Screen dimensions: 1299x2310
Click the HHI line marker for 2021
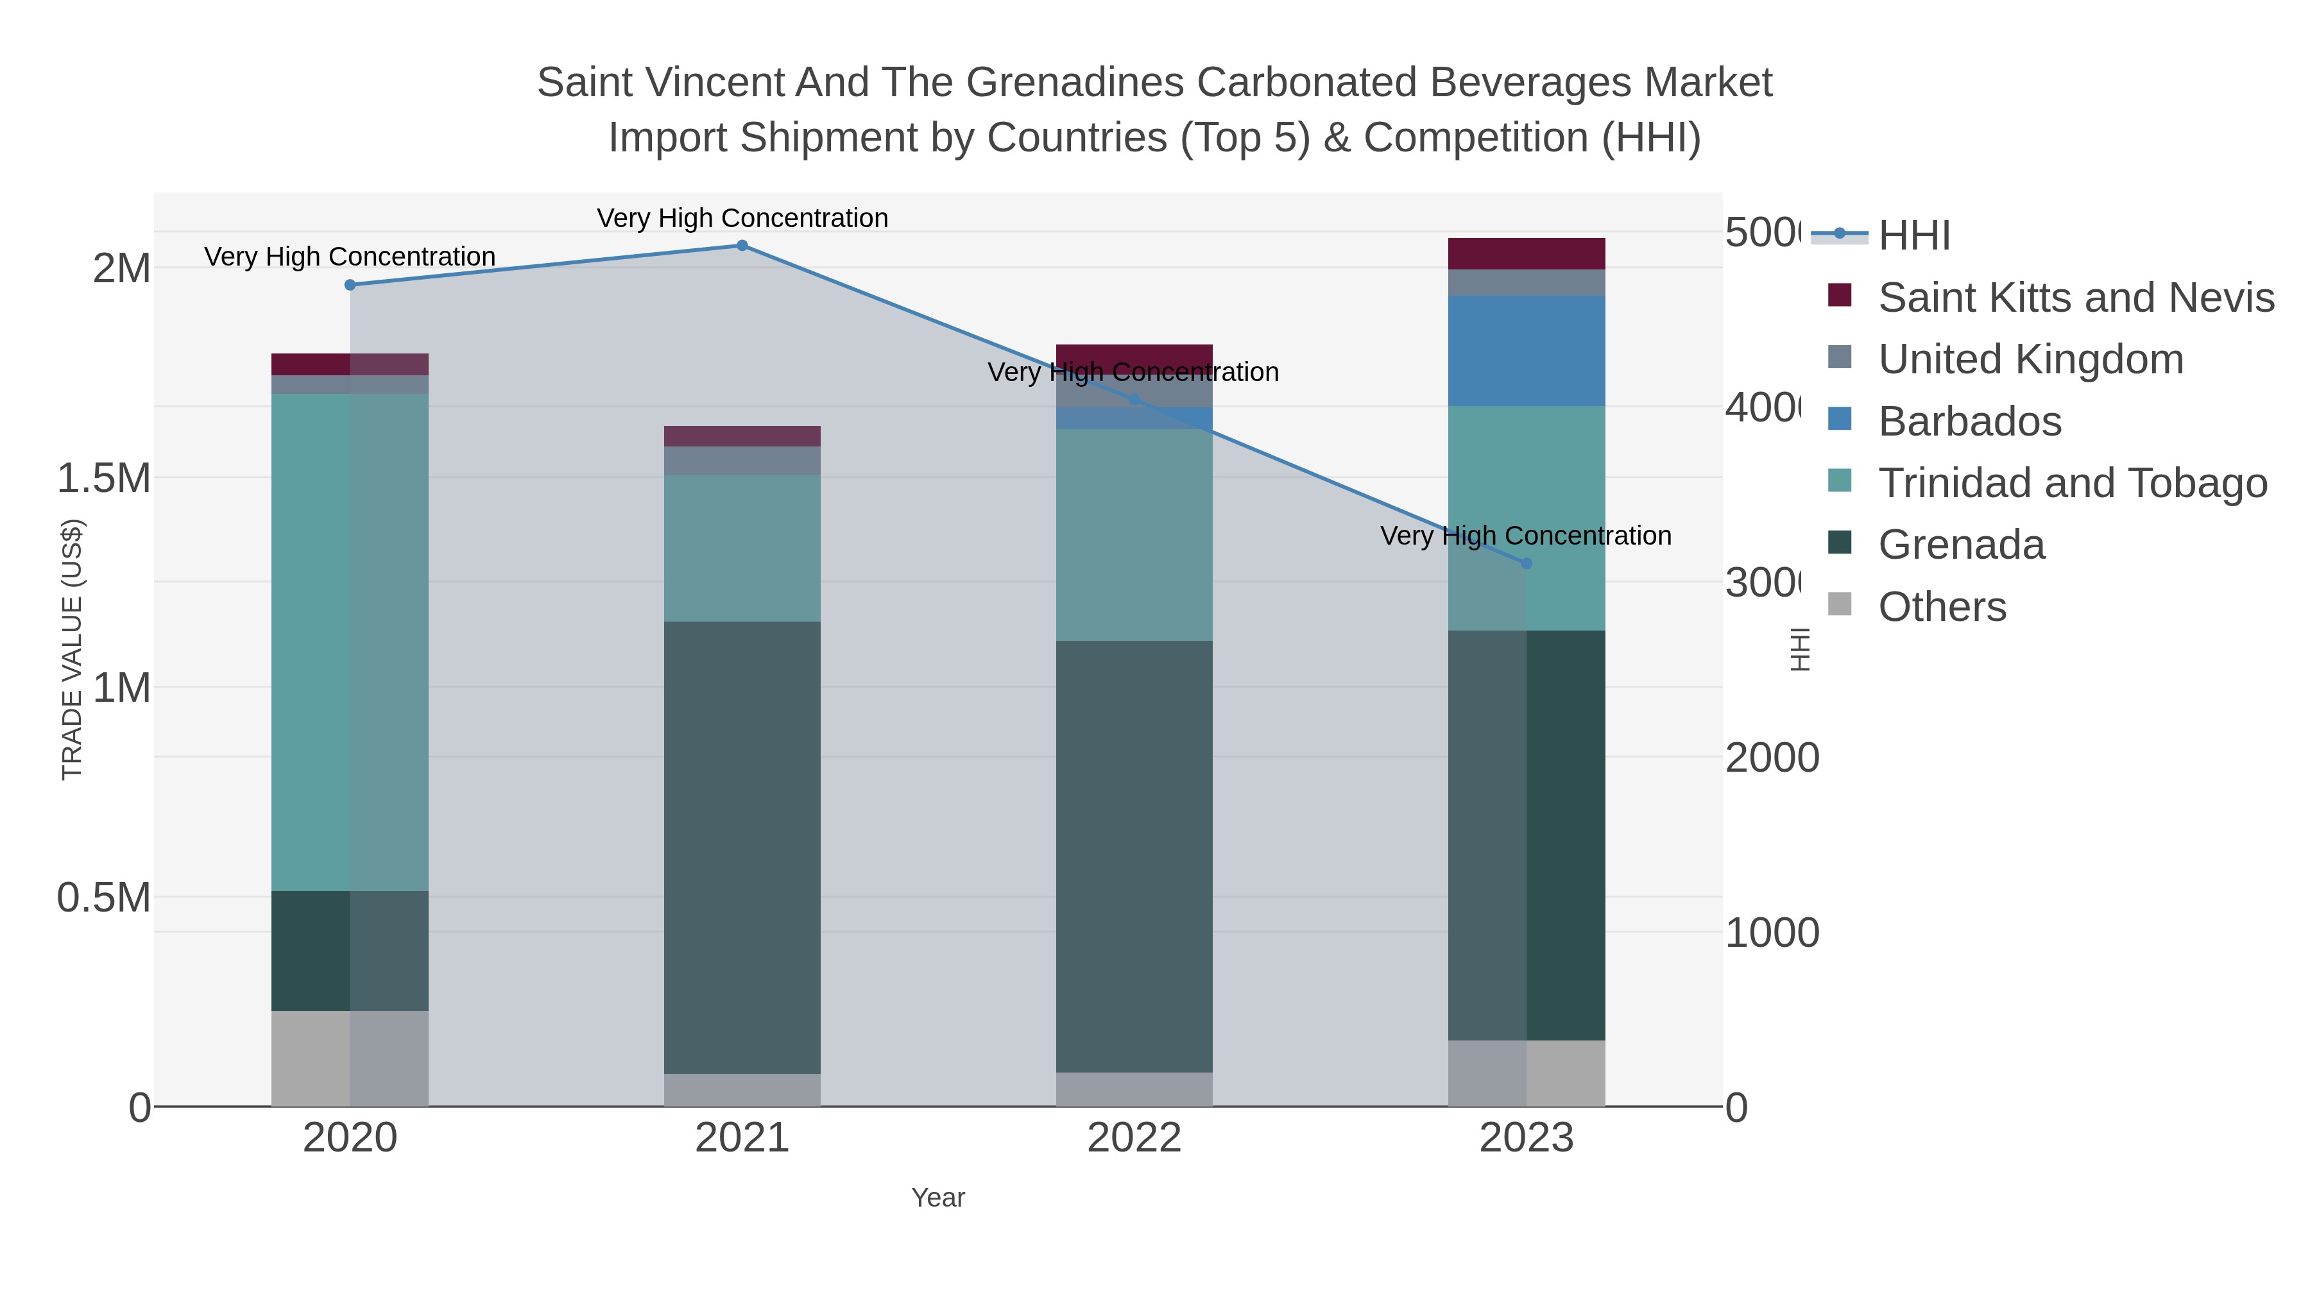coord(742,245)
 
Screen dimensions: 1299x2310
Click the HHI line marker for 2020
coord(350,285)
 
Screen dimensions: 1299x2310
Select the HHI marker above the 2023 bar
coord(1527,563)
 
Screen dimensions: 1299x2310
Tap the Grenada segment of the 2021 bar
coord(742,847)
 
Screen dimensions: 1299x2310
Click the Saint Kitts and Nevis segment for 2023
coord(1527,253)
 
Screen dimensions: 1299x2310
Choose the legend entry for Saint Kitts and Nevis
coord(2075,298)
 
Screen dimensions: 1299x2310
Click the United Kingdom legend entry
coord(2030,359)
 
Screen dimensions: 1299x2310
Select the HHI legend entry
coord(1913,236)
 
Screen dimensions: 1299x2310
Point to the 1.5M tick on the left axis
coord(104,478)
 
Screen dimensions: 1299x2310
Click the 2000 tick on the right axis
coord(1771,758)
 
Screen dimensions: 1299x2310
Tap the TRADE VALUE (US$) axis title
coord(72,649)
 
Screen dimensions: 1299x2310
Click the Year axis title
coord(938,1198)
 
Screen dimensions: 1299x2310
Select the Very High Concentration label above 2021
coord(742,218)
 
